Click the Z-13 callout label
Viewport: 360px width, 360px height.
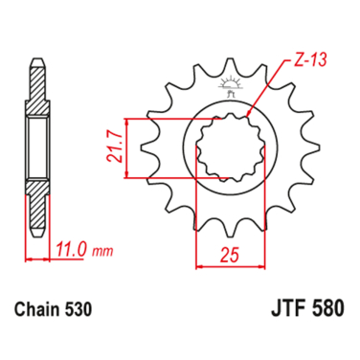310,59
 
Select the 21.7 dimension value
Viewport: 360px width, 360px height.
115,147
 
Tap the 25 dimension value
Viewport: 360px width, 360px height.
230,256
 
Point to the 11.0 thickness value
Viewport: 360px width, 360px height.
71,250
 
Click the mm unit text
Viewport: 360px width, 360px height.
102,252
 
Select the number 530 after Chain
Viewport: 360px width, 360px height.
79,309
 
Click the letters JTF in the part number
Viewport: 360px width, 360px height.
286,307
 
